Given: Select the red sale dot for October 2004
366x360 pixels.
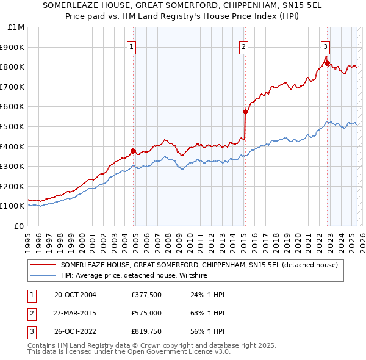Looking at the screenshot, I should coord(133,151).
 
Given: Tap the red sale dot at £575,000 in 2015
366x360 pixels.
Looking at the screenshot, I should coord(245,112).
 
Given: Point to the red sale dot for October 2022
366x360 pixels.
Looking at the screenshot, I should coord(327,62).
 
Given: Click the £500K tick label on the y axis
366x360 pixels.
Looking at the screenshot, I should coord(12,126).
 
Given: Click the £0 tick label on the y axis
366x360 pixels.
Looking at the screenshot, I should coord(18,226).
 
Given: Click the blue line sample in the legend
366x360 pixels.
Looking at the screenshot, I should coord(43,276).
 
